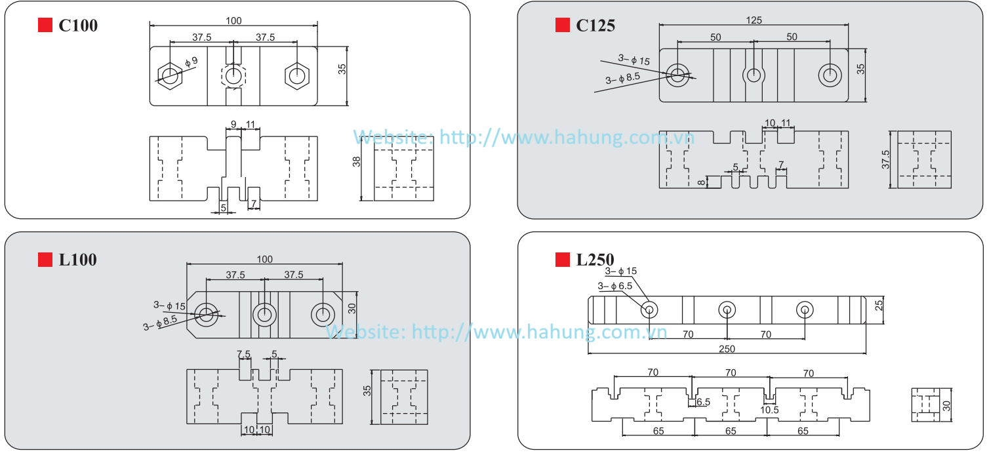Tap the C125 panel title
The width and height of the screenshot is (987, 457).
tap(595, 26)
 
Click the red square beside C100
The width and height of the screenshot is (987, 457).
tap(45, 26)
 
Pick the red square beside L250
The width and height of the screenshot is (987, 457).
tap(563, 260)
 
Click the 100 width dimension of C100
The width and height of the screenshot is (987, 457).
tap(233, 20)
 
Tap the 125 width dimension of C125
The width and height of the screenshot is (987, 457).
tap(754, 20)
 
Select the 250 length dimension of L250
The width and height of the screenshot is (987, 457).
tap(727, 349)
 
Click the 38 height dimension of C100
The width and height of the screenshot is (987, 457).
tap(357, 161)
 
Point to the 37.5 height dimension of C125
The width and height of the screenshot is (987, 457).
tap(886, 159)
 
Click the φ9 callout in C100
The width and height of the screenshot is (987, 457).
tap(191, 62)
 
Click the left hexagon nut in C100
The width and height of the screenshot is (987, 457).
tap(169, 75)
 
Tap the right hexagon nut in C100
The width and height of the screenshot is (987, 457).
tap(296, 75)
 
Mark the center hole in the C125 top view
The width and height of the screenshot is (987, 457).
tap(754, 75)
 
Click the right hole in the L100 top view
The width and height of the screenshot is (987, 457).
tap(322, 314)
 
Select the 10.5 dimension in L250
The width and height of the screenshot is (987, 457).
tap(769, 410)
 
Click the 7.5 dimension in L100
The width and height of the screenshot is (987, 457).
tap(243, 354)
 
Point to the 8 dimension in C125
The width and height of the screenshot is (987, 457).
tap(701, 182)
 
